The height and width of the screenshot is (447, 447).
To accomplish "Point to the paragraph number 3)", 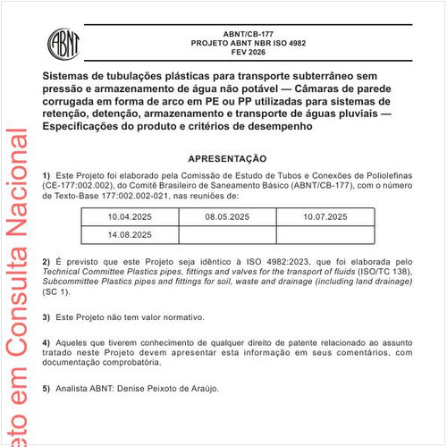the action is point(46,317).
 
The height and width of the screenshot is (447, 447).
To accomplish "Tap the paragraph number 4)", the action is point(46,342).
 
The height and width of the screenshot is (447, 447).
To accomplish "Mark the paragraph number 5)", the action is point(46,389).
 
